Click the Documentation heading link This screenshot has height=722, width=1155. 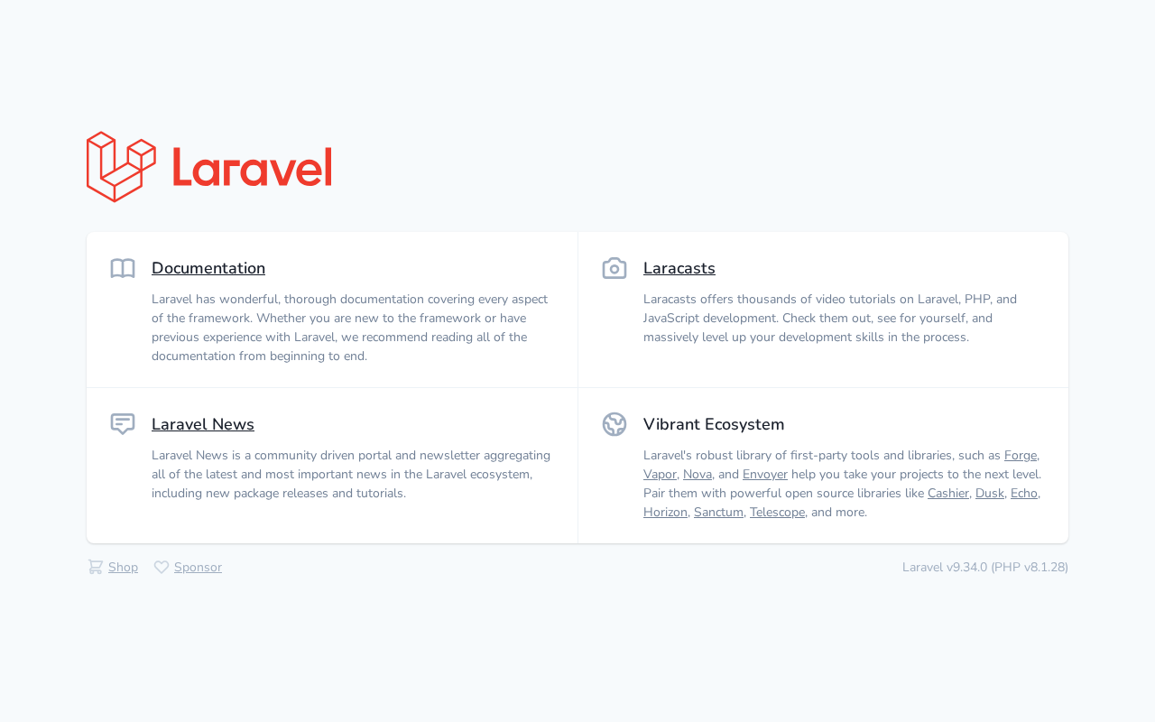(x=208, y=268)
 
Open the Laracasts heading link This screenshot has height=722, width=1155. (x=679, y=268)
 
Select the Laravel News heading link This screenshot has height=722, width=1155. (x=203, y=424)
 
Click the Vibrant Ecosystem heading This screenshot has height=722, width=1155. (x=714, y=424)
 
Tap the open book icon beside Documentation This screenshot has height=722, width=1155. (x=123, y=268)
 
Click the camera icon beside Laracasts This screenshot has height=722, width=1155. (x=614, y=268)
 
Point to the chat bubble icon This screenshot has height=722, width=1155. (x=123, y=424)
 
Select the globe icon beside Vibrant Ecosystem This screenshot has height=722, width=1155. (x=614, y=424)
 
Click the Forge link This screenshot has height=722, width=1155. (x=1021, y=456)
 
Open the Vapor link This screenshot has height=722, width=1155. (x=660, y=475)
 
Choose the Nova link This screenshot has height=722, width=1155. (x=698, y=475)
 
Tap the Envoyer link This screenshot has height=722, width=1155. (x=764, y=475)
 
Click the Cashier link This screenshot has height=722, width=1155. (x=947, y=494)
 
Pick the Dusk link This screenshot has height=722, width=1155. (x=990, y=494)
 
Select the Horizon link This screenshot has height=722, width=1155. (x=665, y=512)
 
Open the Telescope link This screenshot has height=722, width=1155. (x=777, y=512)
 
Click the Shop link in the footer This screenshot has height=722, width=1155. (x=123, y=568)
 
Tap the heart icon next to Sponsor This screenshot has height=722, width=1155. (x=162, y=568)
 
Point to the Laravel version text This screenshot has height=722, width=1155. (x=984, y=568)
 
